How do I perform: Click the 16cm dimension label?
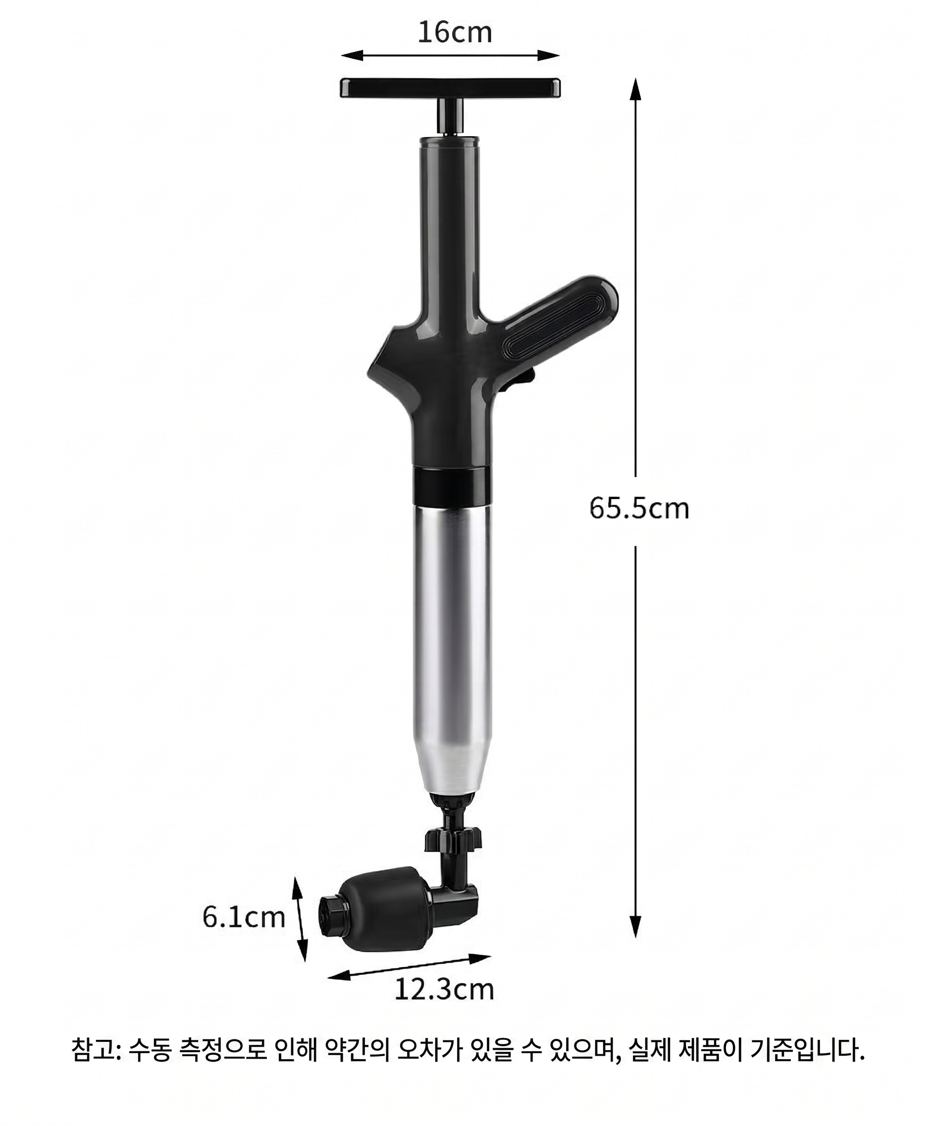click(455, 32)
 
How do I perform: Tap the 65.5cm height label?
click(639, 508)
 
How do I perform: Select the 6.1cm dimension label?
click(244, 917)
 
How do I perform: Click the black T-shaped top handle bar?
click(450, 87)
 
